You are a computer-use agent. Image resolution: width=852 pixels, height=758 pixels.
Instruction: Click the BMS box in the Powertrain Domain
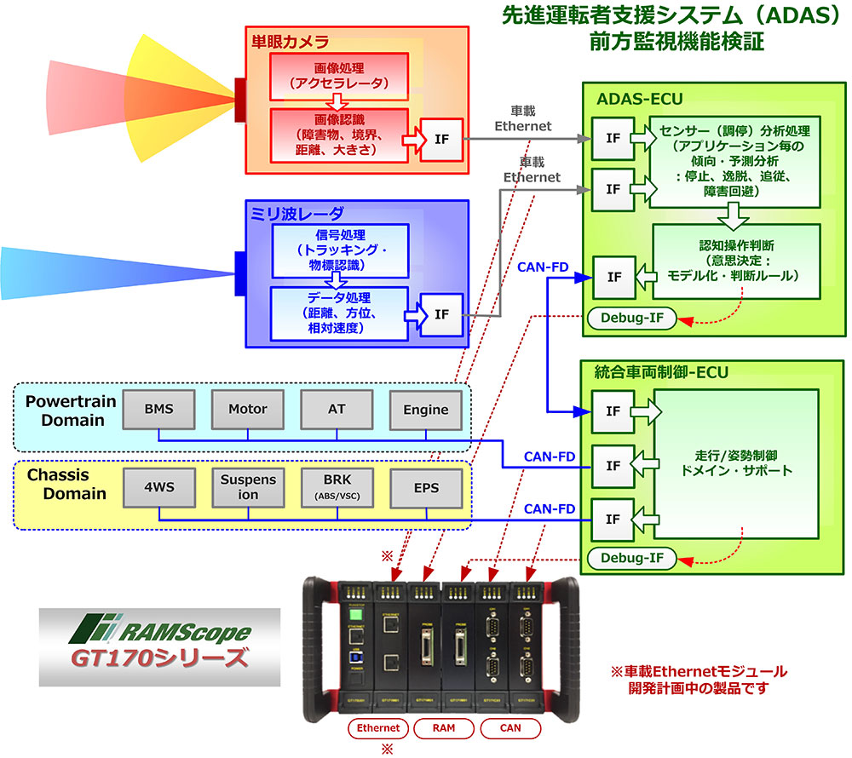pos(158,410)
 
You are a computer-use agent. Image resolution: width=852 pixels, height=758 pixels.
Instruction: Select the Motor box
pos(248,410)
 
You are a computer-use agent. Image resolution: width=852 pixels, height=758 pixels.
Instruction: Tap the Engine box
pos(425,410)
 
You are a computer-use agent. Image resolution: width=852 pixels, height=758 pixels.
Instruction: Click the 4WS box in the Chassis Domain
pos(158,486)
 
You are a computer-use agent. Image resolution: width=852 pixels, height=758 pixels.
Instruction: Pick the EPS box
pos(425,486)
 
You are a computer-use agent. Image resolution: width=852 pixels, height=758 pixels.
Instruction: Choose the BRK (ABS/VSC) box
pos(337,486)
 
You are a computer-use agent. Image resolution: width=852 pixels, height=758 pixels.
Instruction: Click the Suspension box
pos(248,486)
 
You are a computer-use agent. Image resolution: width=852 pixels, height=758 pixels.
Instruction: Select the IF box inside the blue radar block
pos(440,314)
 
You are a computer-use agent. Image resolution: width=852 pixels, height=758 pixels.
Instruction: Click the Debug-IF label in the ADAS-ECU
pos(632,319)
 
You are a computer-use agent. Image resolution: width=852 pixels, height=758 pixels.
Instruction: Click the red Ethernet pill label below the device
pos(378,728)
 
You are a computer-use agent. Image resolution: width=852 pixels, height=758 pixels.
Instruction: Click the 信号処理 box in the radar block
pos(338,250)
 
